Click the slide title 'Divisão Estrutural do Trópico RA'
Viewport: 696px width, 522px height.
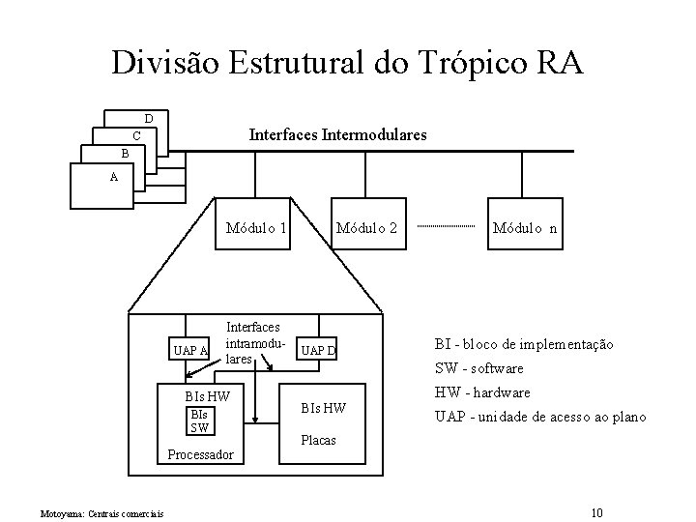[347, 64]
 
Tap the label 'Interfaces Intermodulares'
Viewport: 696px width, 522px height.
[337, 135]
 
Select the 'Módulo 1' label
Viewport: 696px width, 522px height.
[255, 229]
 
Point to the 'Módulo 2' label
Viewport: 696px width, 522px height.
[366, 229]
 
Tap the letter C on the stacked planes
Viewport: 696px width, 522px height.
[136, 135]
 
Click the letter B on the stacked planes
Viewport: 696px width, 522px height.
[124, 154]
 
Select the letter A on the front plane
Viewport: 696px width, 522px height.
[114, 177]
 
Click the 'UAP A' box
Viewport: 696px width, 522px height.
[188, 349]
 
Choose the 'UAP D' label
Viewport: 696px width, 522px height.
[316, 349]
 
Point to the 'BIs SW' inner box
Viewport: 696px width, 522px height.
[199, 420]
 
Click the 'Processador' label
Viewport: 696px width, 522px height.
[200, 454]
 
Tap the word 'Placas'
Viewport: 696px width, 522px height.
[320, 440]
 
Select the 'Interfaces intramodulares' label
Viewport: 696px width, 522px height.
[252, 342]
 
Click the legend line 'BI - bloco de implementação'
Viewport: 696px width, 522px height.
[523, 344]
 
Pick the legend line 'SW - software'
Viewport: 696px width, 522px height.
[478, 368]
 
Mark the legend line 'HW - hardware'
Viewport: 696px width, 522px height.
[482, 392]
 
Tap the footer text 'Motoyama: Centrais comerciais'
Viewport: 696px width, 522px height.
[101, 511]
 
